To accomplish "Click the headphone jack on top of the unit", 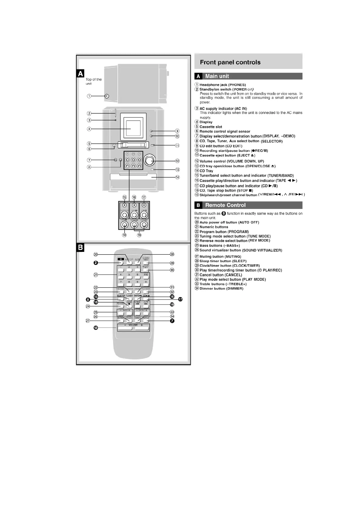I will (107, 96).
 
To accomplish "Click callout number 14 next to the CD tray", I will (177, 177).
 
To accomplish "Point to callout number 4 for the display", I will (89, 129).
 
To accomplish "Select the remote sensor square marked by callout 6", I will (114, 146).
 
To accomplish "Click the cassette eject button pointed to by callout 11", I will (153, 146).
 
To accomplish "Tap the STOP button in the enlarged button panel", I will (124, 225).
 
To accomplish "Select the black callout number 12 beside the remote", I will (96, 328).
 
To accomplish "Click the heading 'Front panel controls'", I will (230, 63).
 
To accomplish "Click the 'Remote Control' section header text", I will (225, 205).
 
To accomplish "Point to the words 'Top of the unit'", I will (93, 81).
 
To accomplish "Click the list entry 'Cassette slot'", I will (211, 127).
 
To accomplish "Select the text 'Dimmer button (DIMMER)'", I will (221, 289).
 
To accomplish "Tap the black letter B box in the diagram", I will (80, 248).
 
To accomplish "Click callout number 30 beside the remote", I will (172, 270).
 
